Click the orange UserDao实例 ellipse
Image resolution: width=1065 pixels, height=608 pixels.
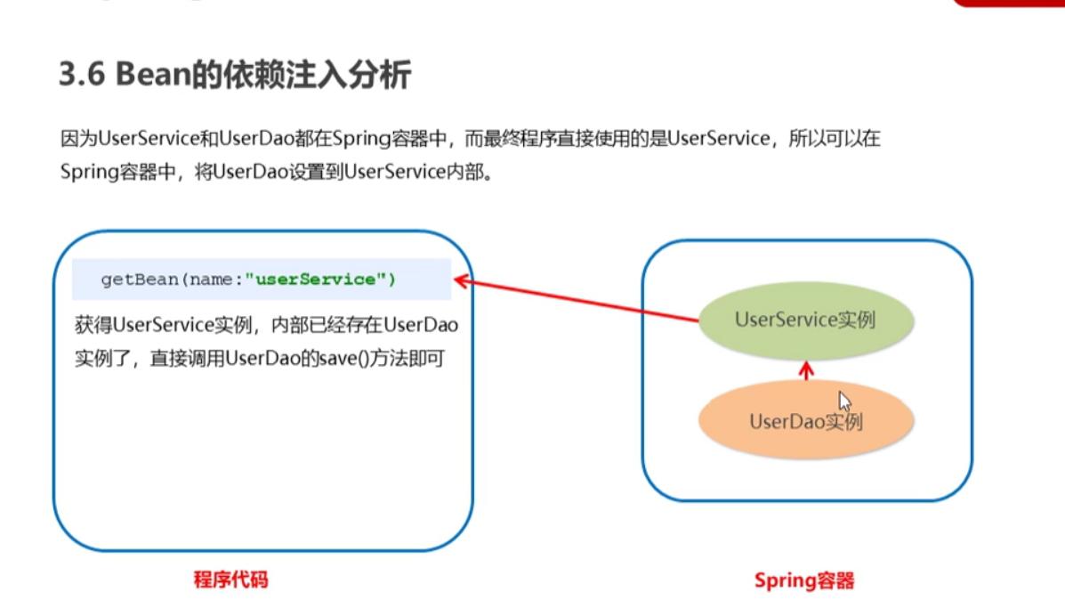click(806, 421)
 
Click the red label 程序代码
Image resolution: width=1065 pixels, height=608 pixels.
click(230, 580)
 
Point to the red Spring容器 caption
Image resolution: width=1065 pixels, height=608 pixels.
click(804, 581)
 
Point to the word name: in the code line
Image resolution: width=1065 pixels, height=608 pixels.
click(211, 280)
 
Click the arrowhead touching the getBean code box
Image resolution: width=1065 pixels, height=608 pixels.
click(461, 283)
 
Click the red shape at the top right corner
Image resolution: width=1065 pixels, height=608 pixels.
click(1009, 3)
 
